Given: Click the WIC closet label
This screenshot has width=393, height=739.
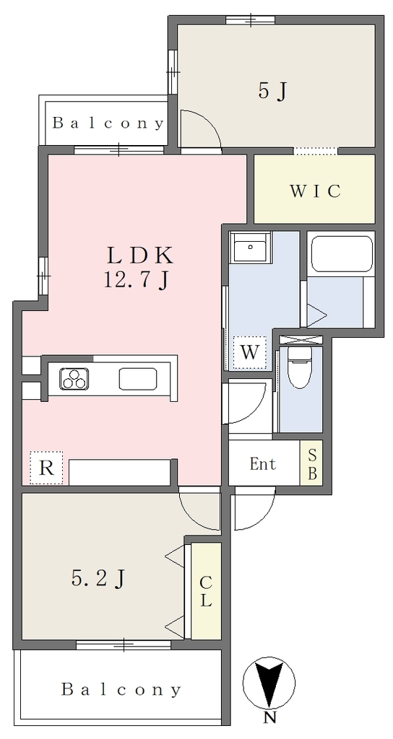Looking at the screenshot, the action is pos(315,191).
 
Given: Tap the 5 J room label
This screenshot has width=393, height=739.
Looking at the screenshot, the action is pos(272,91).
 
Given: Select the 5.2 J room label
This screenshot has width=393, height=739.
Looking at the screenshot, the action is pos(98,578).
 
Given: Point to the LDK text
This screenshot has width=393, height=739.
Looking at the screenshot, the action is pos(139,256).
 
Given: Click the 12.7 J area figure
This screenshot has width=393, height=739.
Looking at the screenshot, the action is pos(135,281).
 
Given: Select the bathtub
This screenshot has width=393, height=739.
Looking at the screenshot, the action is pos(341,254).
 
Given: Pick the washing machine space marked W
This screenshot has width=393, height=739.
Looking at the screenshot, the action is pos(250,352).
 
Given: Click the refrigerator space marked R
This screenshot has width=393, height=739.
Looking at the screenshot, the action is pos(46,468).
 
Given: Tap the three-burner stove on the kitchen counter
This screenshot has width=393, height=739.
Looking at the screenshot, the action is pos(74,378).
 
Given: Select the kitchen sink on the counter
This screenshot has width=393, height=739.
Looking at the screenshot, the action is pos(138,379).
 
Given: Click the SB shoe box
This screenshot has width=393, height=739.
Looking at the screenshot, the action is pos(312,463).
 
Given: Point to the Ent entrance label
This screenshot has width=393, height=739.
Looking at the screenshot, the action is pos(263,464).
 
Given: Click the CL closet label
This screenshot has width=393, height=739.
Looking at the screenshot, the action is pos(206,591).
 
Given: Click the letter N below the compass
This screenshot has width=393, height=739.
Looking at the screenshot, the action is pos(269,719).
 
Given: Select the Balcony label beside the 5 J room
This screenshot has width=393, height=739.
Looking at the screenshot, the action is pos(108,123).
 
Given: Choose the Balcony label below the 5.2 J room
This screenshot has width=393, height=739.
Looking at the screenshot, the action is pos(121,690).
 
